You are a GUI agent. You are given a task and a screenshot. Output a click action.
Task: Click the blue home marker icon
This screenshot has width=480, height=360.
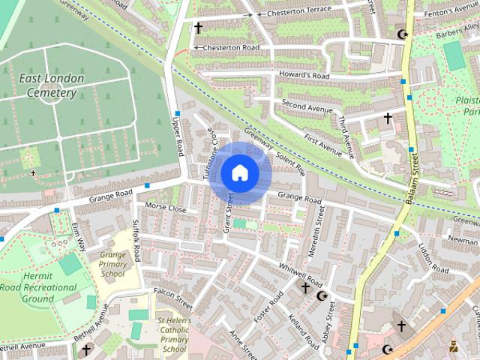pos(239,172)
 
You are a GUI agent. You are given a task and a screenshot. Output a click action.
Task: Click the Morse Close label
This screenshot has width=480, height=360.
pos(165,207)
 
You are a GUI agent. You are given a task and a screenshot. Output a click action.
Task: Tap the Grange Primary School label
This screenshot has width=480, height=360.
pos(112,264)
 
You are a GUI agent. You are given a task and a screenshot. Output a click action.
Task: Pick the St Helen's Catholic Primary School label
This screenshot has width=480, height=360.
pos(174,334)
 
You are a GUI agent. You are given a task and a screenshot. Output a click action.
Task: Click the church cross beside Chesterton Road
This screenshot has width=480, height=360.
pos(198,28)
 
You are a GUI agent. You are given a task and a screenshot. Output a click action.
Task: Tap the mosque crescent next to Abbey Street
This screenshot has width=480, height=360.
pos(323,296)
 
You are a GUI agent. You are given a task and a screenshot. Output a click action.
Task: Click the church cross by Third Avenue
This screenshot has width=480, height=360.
pos(388,118)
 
